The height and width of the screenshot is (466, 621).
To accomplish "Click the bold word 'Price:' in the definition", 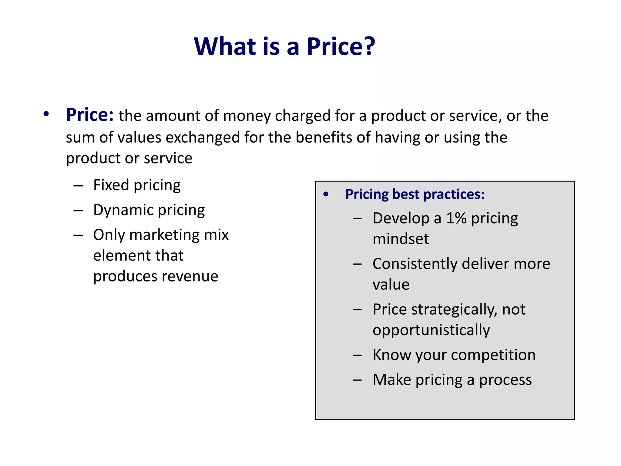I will (90, 115).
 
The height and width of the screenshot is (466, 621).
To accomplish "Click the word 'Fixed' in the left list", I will (111, 185).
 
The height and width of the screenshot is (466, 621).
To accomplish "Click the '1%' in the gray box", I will (456, 218).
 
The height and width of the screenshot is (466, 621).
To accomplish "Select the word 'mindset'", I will (401, 239).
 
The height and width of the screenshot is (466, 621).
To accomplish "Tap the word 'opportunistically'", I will (431, 330).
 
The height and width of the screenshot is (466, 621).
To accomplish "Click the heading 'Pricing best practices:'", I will (415, 194).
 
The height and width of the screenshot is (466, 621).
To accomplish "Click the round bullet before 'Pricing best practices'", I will (326, 194).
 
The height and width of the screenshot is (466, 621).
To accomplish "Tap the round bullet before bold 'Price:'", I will (46, 114).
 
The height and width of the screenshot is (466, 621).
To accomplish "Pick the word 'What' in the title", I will (225, 46).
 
